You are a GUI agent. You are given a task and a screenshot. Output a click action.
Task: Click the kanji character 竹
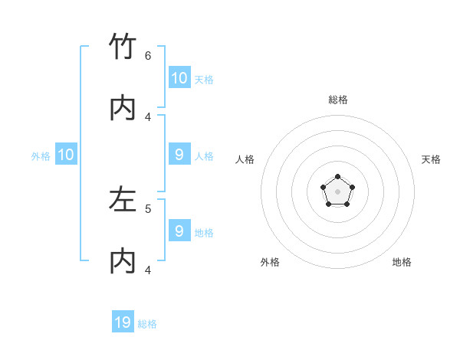click(x=123, y=47)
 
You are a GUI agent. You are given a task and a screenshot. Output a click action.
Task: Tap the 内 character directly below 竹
click(x=123, y=108)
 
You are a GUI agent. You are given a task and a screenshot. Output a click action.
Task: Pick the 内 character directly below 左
click(x=123, y=261)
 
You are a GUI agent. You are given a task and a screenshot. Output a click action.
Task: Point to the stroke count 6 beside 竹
click(x=148, y=56)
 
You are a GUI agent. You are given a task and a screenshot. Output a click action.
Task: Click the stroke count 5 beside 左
click(x=148, y=208)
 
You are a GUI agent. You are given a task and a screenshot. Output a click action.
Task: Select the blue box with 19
click(x=123, y=322)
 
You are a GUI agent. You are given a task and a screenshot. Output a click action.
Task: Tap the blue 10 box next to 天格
click(x=179, y=78)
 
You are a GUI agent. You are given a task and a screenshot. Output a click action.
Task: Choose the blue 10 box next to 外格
click(x=66, y=155)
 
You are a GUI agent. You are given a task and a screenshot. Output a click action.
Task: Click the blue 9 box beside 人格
click(x=179, y=155)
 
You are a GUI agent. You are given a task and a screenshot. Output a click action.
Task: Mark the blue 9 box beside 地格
click(x=179, y=231)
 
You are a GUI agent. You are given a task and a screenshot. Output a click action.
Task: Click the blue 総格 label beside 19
click(x=148, y=324)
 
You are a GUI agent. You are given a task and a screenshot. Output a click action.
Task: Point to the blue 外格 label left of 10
click(x=41, y=155)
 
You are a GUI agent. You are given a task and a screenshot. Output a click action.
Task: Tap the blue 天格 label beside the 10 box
click(x=204, y=79)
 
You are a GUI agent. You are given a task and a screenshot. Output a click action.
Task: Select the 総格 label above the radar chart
click(x=338, y=100)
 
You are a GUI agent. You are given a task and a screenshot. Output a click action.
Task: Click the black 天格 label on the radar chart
click(x=432, y=159)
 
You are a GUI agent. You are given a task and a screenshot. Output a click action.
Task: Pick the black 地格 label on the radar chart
click(x=402, y=262)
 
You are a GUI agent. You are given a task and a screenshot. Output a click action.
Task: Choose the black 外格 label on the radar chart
click(x=270, y=262)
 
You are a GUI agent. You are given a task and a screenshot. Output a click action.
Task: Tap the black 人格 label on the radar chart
click(x=245, y=159)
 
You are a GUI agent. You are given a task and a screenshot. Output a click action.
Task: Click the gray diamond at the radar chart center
click(x=337, y=191)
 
